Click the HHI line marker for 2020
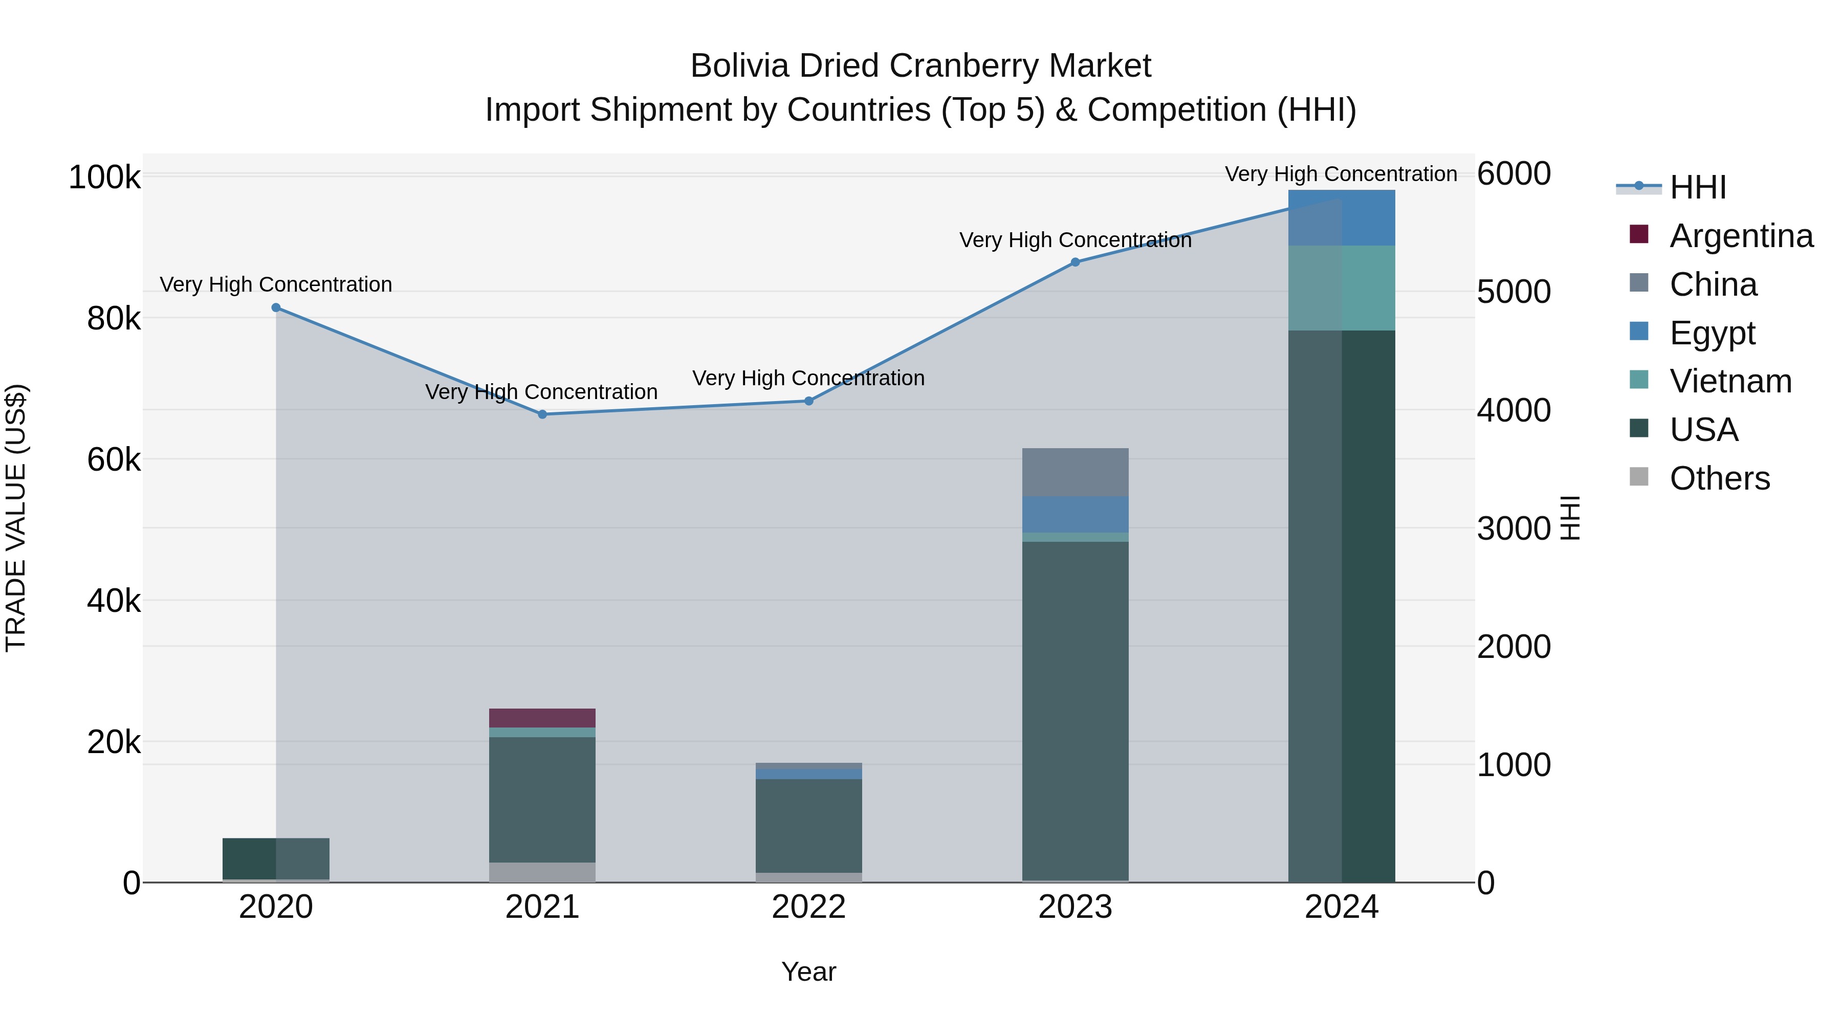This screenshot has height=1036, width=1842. (276, 307)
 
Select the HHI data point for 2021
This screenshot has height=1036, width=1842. (542, 414)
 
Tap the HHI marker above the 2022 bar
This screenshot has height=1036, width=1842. (809, 401)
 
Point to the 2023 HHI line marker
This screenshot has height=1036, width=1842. (1074, 262)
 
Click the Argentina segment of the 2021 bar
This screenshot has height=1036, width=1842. (542, 718)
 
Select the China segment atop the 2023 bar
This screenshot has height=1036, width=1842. (1074, 472)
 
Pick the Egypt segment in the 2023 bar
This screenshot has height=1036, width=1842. (1074, 514)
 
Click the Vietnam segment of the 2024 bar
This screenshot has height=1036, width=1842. (1342, 288)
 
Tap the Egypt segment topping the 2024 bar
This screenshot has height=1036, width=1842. (1342, 217)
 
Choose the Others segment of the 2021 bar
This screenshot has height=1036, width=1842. (542, 872)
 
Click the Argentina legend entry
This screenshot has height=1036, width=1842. (1741, 236)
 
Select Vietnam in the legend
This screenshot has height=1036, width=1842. (1730, 381)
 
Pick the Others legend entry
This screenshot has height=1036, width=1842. (1719, 478)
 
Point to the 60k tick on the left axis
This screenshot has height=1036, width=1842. (114, 460)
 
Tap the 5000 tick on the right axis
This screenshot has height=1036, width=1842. (1514, 292)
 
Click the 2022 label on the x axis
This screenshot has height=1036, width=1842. (809, 907)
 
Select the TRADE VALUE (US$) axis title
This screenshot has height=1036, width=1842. (16, 518)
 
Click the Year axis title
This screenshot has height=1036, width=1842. (809, 972)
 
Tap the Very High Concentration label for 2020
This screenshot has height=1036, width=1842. (276, 284)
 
